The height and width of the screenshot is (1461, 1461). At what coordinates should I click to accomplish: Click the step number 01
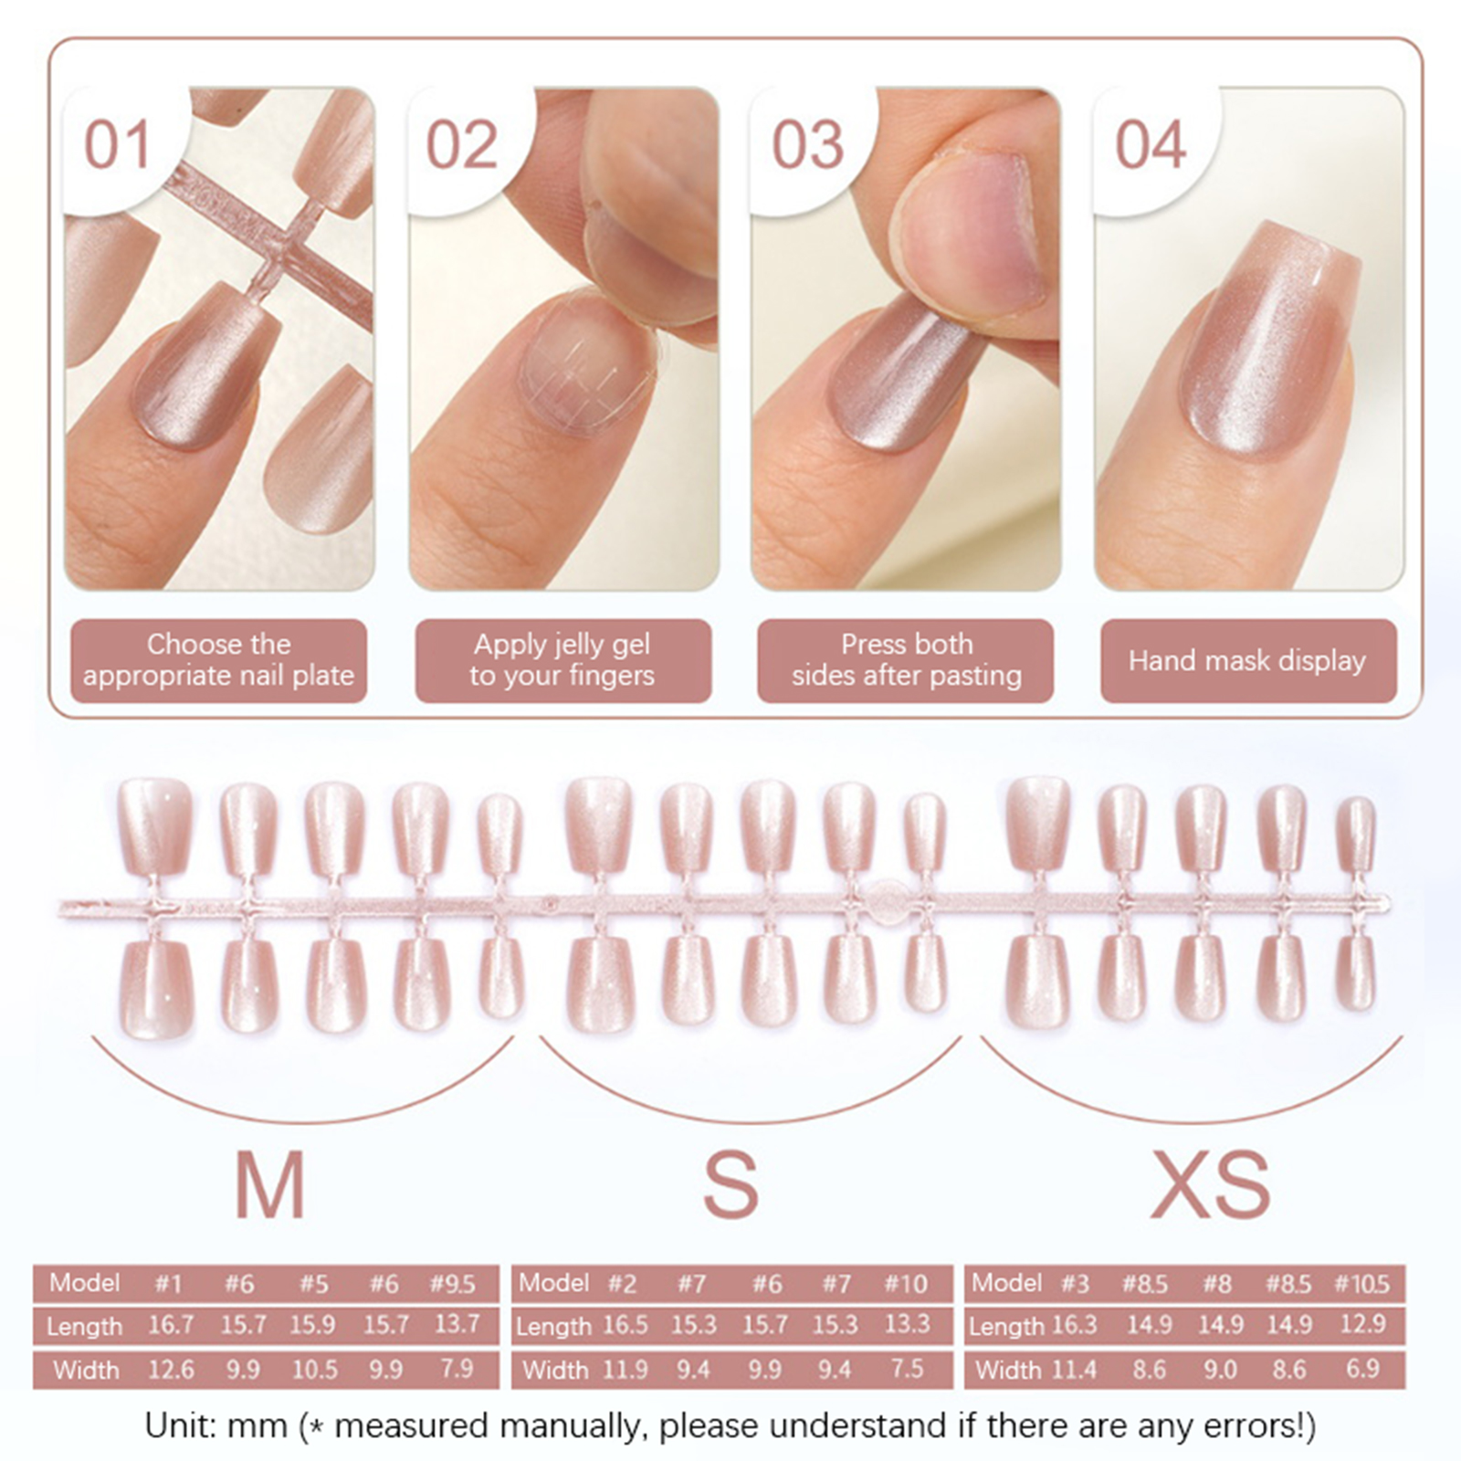tap(117, 145)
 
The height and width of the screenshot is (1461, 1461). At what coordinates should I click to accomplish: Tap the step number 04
tap(1151, 145)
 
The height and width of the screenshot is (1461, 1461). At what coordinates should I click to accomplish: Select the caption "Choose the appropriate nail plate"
tap(218, 660)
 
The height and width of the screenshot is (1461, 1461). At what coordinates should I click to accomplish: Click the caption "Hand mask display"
tap(1247, 660)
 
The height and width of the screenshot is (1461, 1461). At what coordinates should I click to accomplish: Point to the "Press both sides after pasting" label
tap(906, 660)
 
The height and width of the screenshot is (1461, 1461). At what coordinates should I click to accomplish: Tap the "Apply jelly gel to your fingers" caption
tap(562, 660)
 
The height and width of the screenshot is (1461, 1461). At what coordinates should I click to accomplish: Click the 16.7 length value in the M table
tap(171, 1325)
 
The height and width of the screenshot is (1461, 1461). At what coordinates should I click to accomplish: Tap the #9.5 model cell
tap(453, 1284)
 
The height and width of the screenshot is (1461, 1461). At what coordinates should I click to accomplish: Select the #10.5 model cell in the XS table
tap(1361, 1284)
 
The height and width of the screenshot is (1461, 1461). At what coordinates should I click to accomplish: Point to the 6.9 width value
tap(1362, 1369)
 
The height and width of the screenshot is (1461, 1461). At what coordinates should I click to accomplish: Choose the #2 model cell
tap(622, 1284)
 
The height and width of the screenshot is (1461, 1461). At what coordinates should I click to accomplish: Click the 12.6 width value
tap(171, 1369)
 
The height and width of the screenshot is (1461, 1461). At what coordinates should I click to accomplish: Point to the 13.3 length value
tap(907, 1325)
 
